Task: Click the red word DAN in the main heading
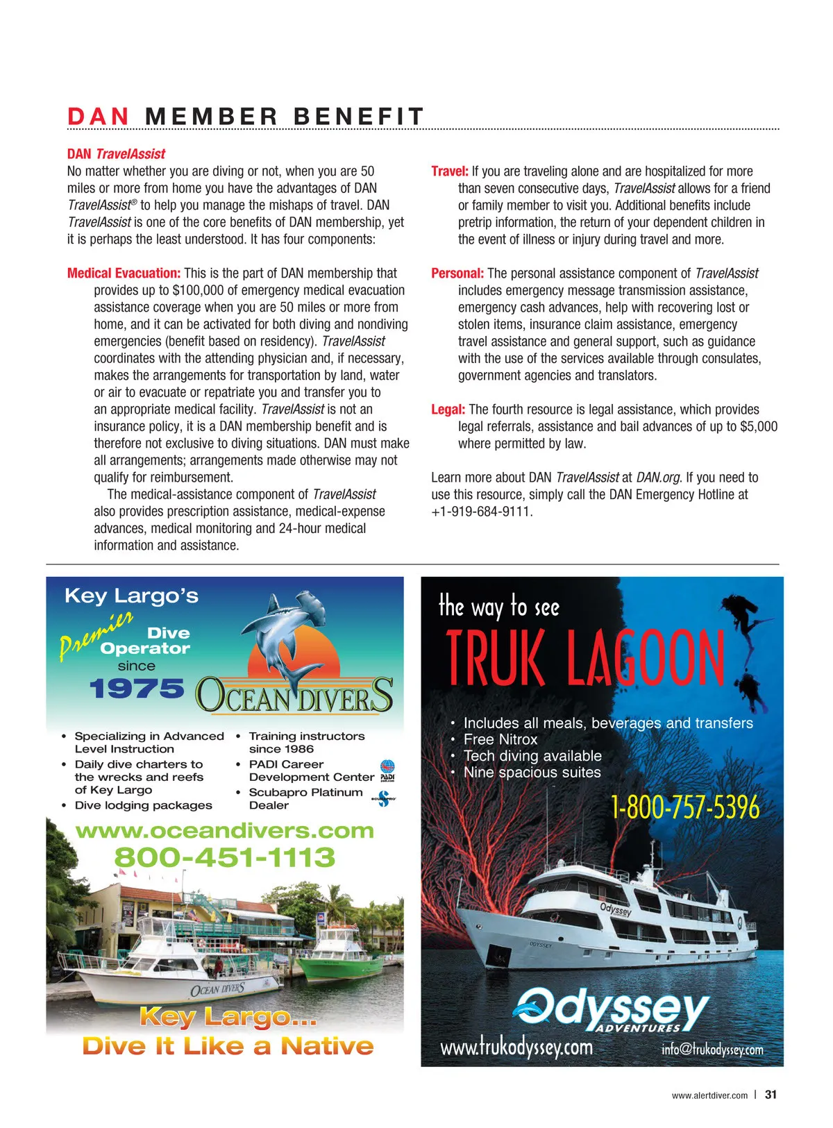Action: (98, 117)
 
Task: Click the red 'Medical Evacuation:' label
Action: (124, 273)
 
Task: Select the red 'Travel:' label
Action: (449, 171)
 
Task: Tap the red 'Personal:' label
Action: (457, 273)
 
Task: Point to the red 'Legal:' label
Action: (448, 410)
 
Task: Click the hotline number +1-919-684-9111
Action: (482, 512)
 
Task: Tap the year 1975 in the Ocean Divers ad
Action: (137, 689)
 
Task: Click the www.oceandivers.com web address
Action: (224, 831)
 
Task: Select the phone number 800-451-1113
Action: (224, 858)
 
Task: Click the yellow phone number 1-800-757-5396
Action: (684, 807)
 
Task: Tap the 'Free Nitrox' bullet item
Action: (500, 740)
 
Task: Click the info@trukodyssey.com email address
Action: (712, 1050)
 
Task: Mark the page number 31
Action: (771, 1095)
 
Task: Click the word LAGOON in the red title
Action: (646, 657)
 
